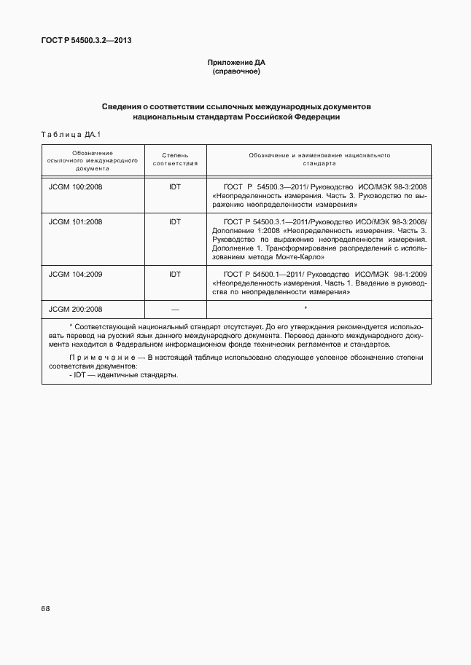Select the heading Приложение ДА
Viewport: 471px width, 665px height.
point(235,63)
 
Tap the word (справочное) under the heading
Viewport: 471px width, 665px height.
point(235,72)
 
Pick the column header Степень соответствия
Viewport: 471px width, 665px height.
point(175,160)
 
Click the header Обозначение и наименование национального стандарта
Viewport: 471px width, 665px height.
point(319,160)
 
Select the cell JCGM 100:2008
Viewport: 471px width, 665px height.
point(75,187)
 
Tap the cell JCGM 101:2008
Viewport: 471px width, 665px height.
point(75,221)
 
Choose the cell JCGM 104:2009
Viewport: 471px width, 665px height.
point(75,274)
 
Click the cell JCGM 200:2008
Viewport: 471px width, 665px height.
point(75,309)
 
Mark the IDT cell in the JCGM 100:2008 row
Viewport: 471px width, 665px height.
point(175,187)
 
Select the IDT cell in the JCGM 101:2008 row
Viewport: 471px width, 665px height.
point(175,221)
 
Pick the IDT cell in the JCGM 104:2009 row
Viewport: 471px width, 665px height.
point(175,274)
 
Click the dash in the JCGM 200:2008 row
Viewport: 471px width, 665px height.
point(175,309)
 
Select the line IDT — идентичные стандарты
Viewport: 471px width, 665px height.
point(124,374)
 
